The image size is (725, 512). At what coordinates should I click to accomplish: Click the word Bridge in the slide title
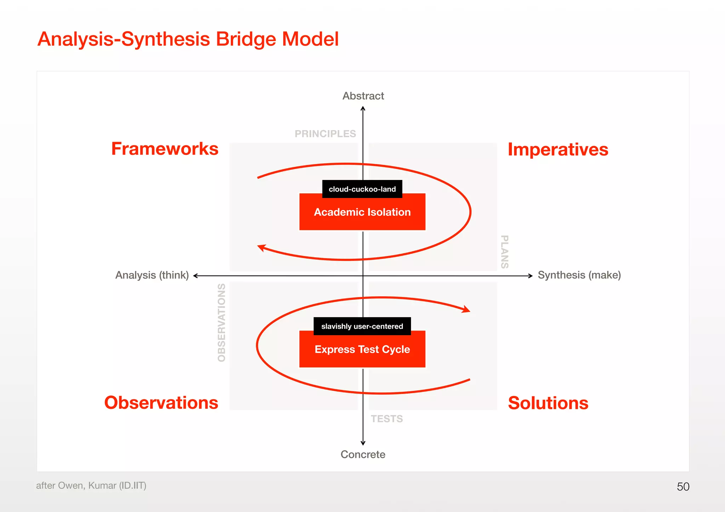pos(246,39)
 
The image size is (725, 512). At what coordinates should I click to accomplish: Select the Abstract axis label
pos(363,96)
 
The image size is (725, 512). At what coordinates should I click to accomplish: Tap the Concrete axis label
pos(363,454)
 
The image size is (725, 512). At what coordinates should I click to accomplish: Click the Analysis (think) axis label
pos(152,275)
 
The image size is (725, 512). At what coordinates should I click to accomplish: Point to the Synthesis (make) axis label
pos(579,275)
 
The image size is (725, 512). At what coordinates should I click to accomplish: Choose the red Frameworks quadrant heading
pos(165,149)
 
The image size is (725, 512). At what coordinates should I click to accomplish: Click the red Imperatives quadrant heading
pos(558,150)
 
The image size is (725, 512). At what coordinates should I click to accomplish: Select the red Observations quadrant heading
pos(161,403)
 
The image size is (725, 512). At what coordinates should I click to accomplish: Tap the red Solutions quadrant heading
pos(548,403)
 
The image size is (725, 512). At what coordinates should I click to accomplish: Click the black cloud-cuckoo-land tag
pos(362,189)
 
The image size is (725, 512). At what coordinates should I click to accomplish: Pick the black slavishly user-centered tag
pos(362,326)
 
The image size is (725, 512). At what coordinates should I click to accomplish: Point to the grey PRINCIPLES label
pos(325,134)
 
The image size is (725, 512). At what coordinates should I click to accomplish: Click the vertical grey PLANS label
pos(505,252)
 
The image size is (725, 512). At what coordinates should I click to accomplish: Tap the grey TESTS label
pos(387,419)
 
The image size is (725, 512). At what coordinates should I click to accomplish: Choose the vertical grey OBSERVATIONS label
pos(222,322)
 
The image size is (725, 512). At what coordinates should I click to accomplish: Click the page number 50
pos(683,487)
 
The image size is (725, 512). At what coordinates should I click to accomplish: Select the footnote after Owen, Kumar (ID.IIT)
pos(91,485)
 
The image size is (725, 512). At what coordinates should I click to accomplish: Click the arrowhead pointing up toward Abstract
pos(363,109)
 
